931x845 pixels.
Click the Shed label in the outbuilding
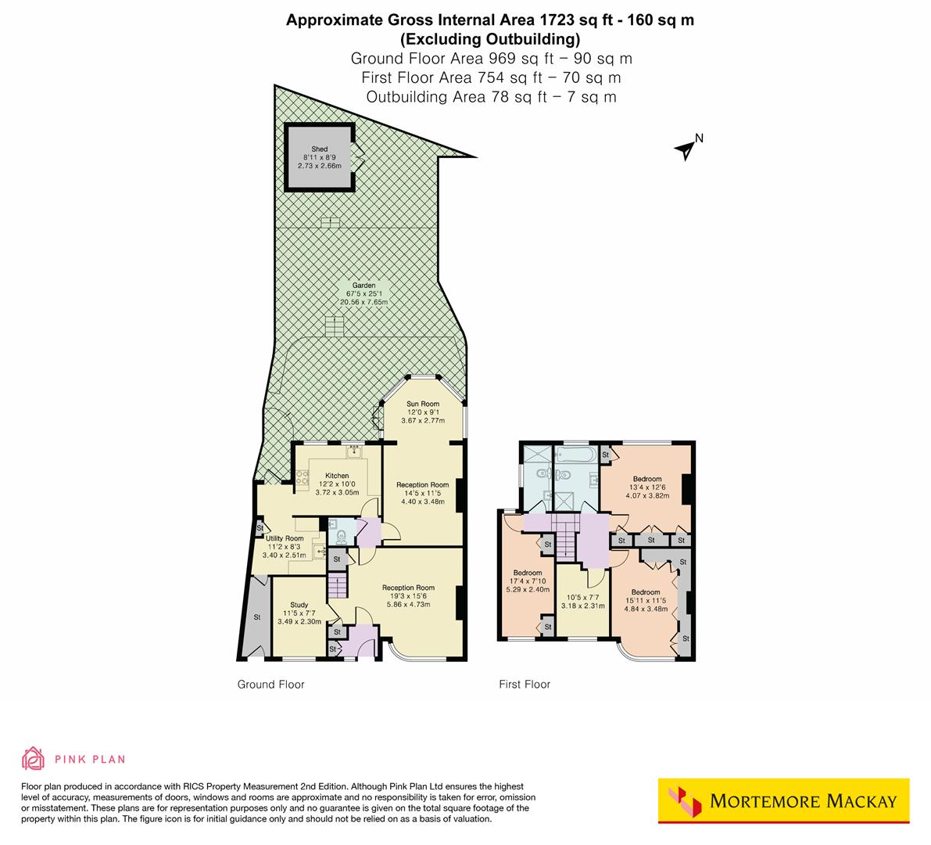pyautogui.click(x=319, y=149)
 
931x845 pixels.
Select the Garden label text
pyautogui.click(x=363, y=286)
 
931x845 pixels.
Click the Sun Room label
pyautogui.click(x=422, y=404)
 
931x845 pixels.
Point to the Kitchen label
pyautogui.click(x=337, y=476)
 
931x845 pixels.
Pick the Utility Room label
pyautogui.click(x=284, y=538)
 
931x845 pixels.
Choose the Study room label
pyautogui.click(x=299, y=605)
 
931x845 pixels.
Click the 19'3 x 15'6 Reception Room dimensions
pyautogui.click(x=408, y=596)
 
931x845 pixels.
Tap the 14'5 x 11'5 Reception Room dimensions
pyautogui.click(x=422, y=493)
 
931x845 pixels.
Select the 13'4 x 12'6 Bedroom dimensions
pyautogui.click(x=647, y=487)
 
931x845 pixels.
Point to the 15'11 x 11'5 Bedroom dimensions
pyautogui.click(x=646, y=601)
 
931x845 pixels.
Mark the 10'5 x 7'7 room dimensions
pyautogui.click(x=582, y=597)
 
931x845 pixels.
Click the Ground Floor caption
pyautogui.click(x=270, y=685)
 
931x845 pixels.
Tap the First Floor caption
pyautogui.click(x=525, y=685)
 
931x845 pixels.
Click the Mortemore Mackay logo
pyautogui.click(x=784, y=801)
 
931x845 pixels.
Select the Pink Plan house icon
pyautogui.click(x=33, y=758)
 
